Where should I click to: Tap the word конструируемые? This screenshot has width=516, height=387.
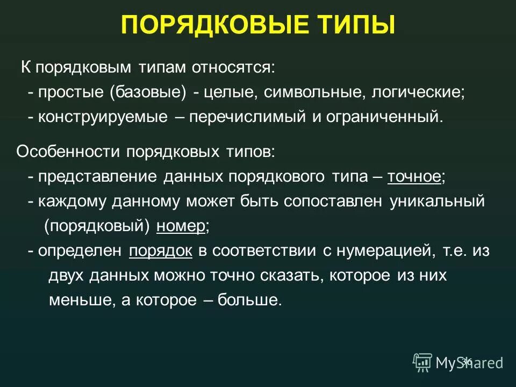(x=103, y=117)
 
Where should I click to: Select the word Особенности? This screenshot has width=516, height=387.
(x=69, y=152)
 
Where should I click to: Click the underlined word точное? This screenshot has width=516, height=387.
(x=414, y=177)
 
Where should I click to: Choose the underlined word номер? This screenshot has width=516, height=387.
(x=181, y=226)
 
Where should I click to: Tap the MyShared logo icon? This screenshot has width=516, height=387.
(x=422, y=362)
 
